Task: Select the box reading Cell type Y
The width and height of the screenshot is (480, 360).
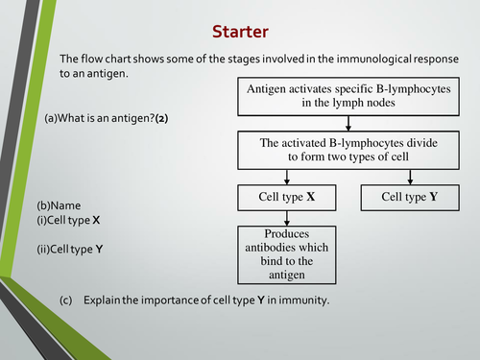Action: coord(410,198)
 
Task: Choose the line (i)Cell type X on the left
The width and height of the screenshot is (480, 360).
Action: coord(68,220)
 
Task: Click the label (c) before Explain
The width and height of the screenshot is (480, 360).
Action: coord(66,300)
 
